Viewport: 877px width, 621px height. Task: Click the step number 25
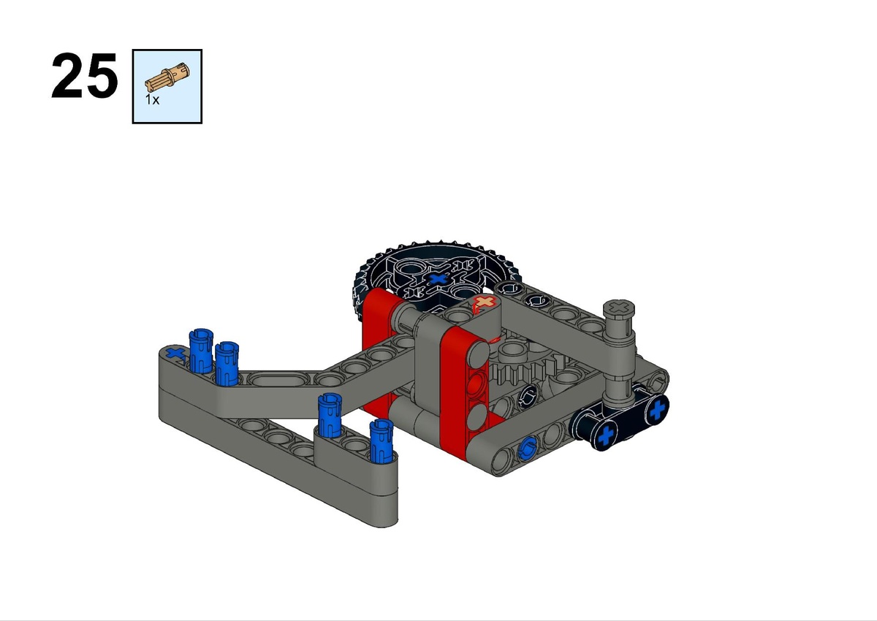click(x=84, y=75)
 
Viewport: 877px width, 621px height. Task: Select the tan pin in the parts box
click(x=167, y=77)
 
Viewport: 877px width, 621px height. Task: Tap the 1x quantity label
click(x=152, y=100)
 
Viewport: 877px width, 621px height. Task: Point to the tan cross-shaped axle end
click(x=485, y=302)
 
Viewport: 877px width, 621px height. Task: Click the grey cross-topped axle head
click(x=618, y=307)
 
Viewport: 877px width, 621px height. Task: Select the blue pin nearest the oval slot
click(x=227, y=364)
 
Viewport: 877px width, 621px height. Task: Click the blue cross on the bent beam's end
click(x=176, y=354)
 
